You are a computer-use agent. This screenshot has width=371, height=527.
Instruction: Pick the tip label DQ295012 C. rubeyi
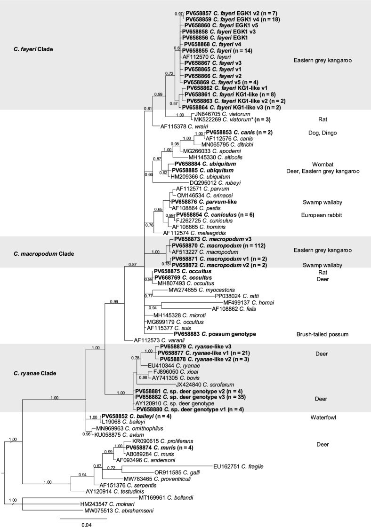[212, 183]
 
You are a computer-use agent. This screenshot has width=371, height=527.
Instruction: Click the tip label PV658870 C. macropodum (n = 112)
[216, 245]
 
